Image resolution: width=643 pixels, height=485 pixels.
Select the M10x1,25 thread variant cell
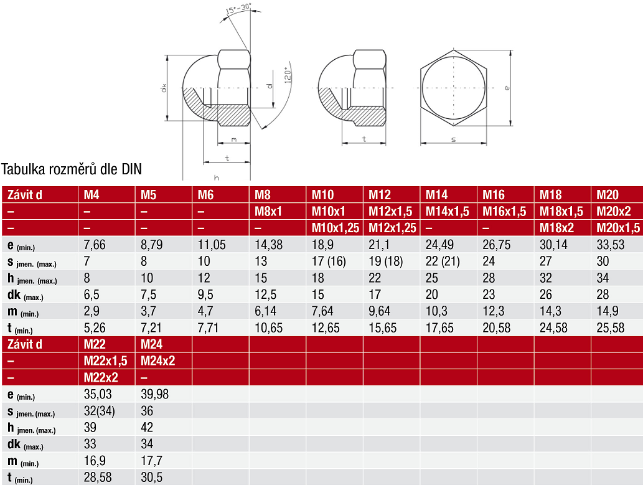(x=335, y=228)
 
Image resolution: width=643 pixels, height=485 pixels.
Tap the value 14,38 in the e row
(x=269, y=245)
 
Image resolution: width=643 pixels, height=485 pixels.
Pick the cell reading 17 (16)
(x=329, y=261)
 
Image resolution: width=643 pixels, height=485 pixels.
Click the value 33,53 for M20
(x=610, y=245)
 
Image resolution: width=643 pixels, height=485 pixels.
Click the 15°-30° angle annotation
(x=238, y=9)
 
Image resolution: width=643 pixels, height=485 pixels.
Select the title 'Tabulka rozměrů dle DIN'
(x=72, y=169)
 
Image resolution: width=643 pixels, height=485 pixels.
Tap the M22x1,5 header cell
(x=105, y=360)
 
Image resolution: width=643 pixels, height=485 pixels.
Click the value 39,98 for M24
(x=154, y=394)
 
